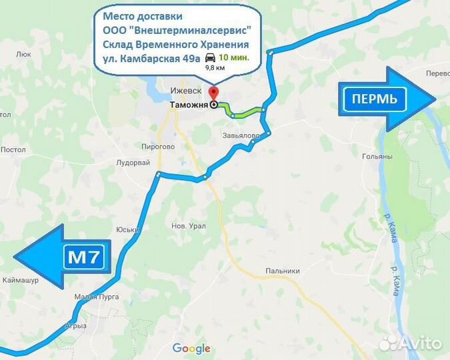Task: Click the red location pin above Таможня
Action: click(x=213, y=93)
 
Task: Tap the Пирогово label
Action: click(x=158, y=146)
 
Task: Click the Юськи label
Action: click(x=127, y=229)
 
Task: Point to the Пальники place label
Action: click(x=282, y=271)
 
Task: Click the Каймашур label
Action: click(x=21, y=280)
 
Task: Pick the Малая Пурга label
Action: click(x=97, y=295)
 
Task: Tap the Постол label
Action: click(x=13, y=150)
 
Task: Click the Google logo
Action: click(x=191, y=348)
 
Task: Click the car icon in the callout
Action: click(x=211, y=57)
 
